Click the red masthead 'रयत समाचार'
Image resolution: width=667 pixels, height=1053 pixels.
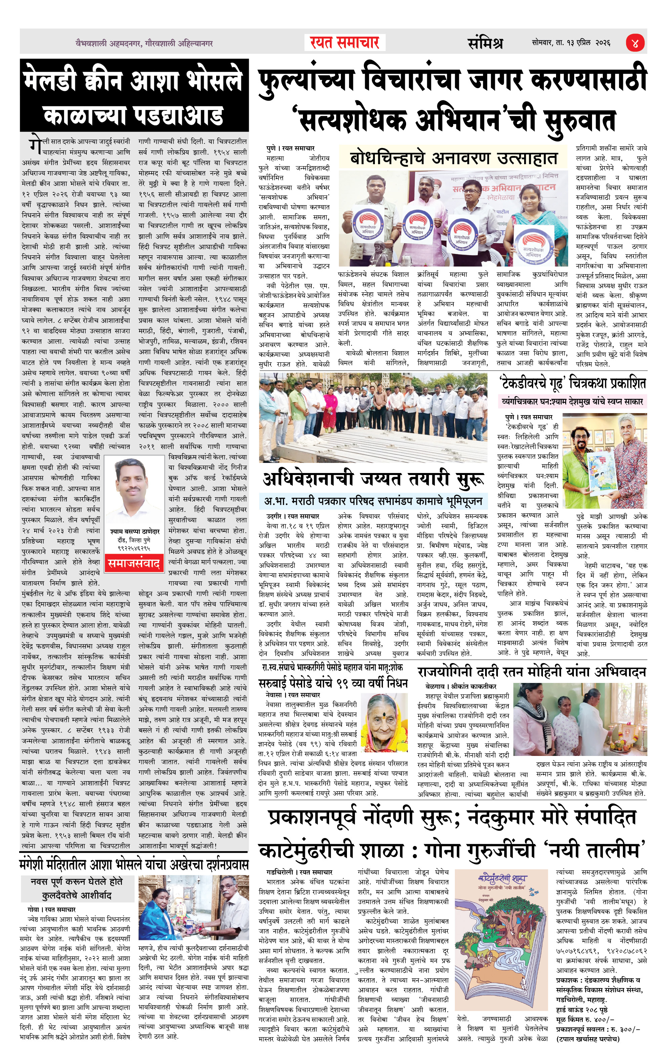[x=345, y=43]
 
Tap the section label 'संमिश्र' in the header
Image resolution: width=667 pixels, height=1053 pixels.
[x=485, y=43]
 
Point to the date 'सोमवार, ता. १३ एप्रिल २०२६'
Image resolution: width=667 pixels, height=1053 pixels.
[x=571, y=43]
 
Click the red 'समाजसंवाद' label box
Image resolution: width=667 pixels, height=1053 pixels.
[x=134, y=563]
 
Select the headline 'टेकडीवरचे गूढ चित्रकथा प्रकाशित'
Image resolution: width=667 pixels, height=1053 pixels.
[x=573, y=384]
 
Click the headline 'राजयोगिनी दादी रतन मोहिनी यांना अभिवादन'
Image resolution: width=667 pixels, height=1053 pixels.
[x=532, y=672]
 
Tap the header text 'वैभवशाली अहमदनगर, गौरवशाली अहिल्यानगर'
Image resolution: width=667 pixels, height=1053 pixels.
[x=144, y=43]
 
